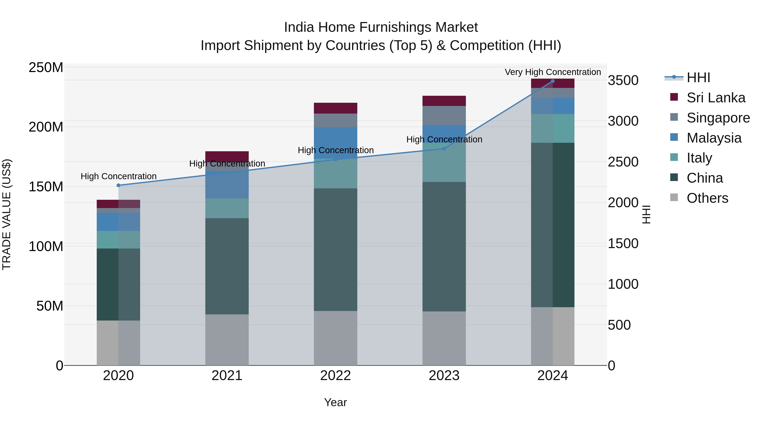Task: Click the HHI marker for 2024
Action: pos(553,81)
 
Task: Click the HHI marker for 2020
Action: pos(118,185)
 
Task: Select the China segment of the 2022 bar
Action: pos(335,249)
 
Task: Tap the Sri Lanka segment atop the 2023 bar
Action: pos(444,101)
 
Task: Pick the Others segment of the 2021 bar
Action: pos(227,340)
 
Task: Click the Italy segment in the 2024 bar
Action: pos(553,128)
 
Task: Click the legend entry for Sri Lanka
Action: pos(716,98)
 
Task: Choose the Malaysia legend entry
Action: pos(714,138)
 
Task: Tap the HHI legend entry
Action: pos(698,78)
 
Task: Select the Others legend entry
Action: pos(707,198)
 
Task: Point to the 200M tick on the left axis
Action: pos(46,127)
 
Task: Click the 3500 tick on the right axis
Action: pos(623,80)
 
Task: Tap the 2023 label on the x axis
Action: pos(444,376)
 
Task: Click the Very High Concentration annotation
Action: pos(553,72)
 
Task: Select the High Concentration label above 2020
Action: pos(118,176)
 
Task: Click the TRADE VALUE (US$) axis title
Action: pos(7,214)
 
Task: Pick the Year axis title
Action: pos(335,402)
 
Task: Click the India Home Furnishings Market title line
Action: pos(381,27)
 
